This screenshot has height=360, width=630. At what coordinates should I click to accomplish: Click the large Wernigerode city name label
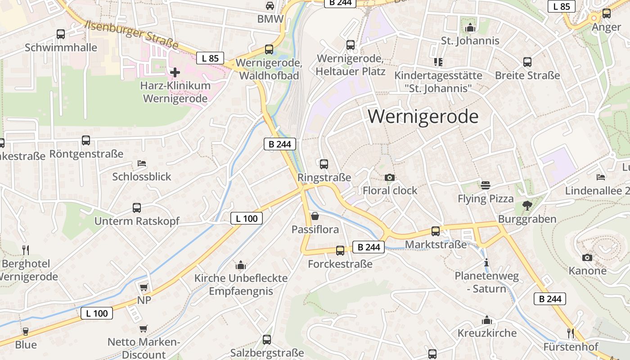[423, 117]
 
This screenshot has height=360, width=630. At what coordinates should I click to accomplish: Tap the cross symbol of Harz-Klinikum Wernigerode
[175, 72]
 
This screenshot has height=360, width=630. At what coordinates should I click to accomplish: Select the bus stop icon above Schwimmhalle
[61, 34]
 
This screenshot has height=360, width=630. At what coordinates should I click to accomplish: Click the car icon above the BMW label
[270, 6]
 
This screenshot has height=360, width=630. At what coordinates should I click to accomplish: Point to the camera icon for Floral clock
[390, 178]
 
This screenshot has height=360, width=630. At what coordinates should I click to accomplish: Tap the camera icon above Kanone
[587, 257]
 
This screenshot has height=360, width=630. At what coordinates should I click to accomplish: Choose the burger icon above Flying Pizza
[485, 185]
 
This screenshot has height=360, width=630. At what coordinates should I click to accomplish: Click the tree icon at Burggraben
[527, 206]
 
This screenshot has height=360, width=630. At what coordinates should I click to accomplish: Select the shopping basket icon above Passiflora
[315, 216]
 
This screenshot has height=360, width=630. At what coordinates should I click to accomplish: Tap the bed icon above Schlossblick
[142, 163]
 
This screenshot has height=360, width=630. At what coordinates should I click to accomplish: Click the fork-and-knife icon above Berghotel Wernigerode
[26, 249]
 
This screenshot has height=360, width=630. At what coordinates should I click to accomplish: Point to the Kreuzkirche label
[487, 333]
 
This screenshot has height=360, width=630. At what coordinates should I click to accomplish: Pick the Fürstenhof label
[571, 347]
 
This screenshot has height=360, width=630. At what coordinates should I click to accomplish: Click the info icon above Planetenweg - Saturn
[486, 262]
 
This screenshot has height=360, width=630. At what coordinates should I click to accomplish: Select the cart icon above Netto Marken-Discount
[143, 329]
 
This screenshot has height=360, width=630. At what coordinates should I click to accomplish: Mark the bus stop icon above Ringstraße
[324, 164]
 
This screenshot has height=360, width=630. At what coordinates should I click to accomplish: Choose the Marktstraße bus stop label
[436, 244]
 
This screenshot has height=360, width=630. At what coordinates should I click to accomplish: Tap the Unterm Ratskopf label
[137, 221]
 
